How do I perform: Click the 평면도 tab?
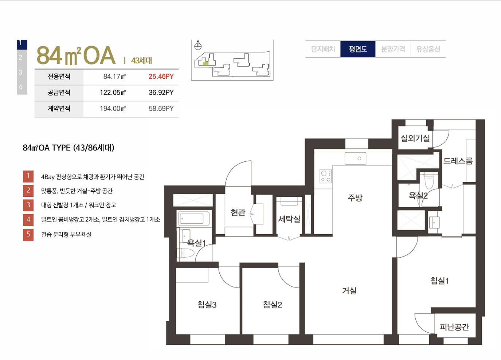click(358, 49)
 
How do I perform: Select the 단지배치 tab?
click(323, 49)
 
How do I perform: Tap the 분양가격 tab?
click(393, 49)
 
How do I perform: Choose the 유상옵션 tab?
click(428, 49)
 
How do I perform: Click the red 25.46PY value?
click(161, 77)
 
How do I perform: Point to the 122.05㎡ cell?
click(113, 93)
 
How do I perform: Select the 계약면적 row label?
click(59, 109)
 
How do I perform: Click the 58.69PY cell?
click(161, 109)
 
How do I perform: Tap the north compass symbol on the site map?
click(198, 46)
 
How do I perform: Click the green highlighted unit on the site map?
click(206, 63)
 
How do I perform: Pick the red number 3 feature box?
click(28, 205)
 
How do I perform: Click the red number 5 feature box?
click(28, 235)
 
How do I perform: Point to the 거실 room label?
click(349, 291)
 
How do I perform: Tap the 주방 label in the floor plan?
click(355, 197)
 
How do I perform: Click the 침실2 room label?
click(272, 305)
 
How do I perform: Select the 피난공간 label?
click(454, 327)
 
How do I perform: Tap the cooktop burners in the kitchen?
click(326, 176)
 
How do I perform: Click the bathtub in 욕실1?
click(194, 219)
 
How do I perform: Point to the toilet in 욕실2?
click(429, 181)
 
